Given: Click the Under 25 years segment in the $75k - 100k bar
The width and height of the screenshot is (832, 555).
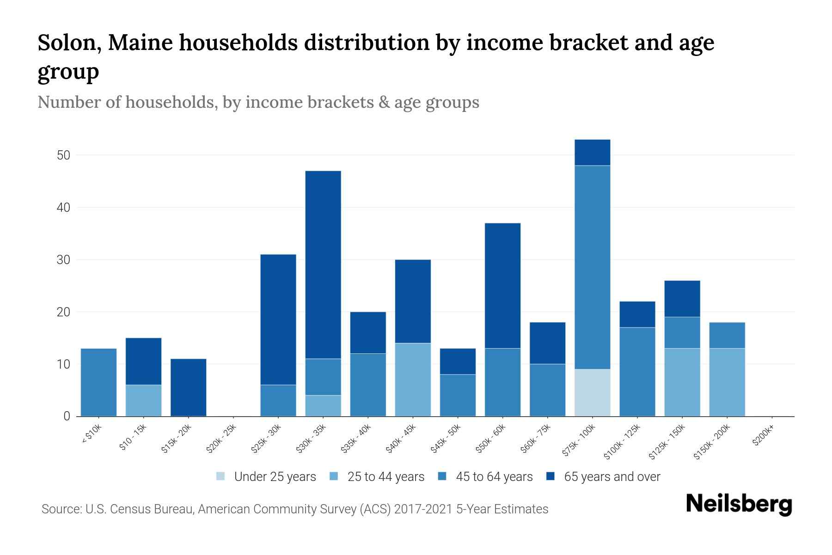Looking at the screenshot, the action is pos(592,393).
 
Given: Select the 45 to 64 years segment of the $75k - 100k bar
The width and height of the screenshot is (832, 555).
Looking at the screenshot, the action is pos(592,267).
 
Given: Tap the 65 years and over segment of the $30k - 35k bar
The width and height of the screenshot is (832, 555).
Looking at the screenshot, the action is pos(323,265).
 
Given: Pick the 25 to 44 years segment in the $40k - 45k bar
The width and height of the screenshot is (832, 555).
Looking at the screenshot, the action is pos(413,380).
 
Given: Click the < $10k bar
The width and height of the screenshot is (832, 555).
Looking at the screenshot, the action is pos(98,382).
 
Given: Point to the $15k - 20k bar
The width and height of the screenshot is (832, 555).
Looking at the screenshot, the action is pos(189,388).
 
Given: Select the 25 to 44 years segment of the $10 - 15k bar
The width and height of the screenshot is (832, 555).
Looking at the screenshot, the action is pos(144,401).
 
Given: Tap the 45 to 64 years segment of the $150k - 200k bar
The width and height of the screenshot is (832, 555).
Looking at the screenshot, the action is pos(727,335).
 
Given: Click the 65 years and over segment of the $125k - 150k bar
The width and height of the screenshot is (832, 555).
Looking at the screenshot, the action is pos(682,299).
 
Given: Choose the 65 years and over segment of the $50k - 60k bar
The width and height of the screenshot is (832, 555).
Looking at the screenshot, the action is pos(502,286).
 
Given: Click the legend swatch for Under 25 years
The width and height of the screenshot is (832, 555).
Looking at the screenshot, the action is pos(221,476).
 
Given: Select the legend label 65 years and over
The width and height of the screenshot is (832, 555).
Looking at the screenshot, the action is pos(612,477).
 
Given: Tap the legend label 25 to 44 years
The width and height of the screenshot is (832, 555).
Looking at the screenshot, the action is pos(386,477).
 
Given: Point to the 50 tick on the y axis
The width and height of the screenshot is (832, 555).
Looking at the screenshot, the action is pos(63,155).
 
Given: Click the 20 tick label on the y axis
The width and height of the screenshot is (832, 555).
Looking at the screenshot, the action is pos(63,312).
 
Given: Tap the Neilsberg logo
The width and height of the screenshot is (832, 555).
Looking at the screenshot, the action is pos(739,505).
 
